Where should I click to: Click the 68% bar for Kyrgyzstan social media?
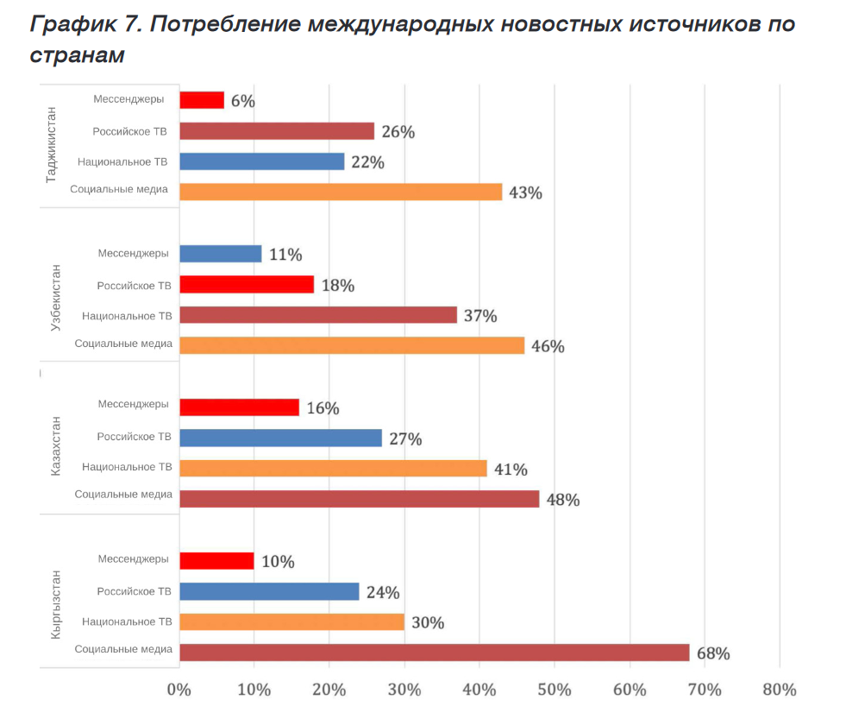[435, 653]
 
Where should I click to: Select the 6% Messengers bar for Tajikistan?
[202, 100]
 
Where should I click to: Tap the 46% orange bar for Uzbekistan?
[352, 345]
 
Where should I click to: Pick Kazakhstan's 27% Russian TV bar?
[280, 438]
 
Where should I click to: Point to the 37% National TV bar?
[318, 315]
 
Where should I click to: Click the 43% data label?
[525, 192]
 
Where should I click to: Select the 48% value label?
[562, 500]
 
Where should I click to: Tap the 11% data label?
[285, 255]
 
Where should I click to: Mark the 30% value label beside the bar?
[427, 622]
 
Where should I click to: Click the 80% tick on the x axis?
[779, 690]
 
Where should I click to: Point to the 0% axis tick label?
[179, 690]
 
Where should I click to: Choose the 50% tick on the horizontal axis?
[554, 690]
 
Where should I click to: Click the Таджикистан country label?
[51, 143]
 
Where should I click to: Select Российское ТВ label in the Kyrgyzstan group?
[134, 591]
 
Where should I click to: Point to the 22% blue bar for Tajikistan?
[261, 161]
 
